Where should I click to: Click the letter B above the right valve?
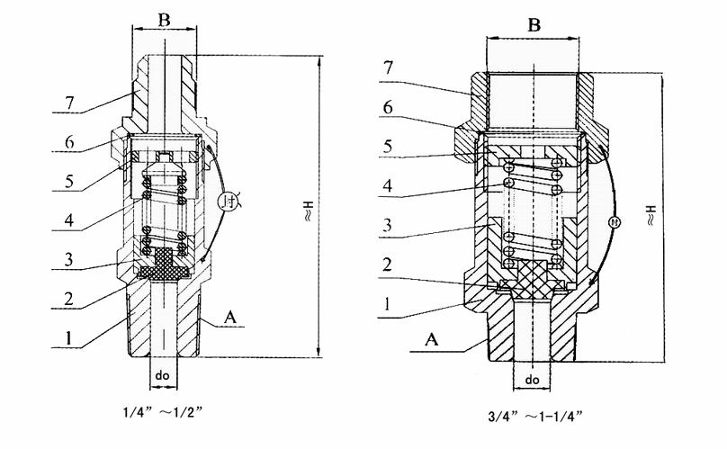(x=534, y=26)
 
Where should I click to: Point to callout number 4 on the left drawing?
(x=69, y=219)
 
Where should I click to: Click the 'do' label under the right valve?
(x=533, y=381)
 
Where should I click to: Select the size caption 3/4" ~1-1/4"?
(x=534, y=417)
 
